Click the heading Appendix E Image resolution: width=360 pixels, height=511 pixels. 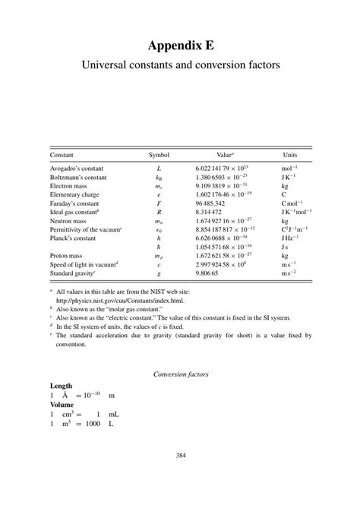[180, 45]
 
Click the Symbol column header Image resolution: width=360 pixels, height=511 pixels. [159, 154]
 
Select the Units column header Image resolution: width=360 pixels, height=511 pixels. [290, 154]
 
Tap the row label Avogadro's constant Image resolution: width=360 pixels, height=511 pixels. [76, 168]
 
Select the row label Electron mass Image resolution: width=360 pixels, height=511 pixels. [68, 185]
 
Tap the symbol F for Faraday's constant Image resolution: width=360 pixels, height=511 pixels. [159, 203]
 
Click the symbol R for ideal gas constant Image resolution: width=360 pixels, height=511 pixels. [159, 213]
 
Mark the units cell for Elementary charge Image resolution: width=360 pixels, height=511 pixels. [284, 194]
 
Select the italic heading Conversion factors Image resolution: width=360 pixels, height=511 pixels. [180, 374]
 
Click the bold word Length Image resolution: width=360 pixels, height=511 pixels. [62, 386]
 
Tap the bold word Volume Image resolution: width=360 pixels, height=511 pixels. [62, 405]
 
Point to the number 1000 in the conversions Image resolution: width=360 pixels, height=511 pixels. [93, 424]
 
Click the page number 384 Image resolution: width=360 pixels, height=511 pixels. [180, 455]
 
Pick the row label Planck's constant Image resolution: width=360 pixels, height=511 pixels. [74, 238]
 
